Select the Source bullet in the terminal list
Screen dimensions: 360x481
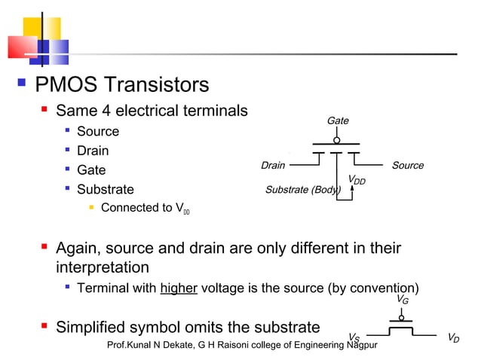coord(97,132)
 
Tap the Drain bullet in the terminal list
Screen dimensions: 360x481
coord(93,151)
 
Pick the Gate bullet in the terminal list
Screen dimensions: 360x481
coord(91,171)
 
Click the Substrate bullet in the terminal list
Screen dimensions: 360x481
coord(105,190)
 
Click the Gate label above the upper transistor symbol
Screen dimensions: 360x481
coord(337,121)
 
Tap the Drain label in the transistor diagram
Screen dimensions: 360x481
coord(272,166)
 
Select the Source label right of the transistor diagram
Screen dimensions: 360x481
coord(408,166)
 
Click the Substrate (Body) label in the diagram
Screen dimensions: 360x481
coord(302,190)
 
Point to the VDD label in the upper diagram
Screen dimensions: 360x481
coord(356,180)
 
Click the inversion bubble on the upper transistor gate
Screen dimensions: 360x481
coord(337,139)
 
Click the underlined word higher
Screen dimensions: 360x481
coord(179,288)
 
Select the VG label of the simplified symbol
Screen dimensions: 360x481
coord(403,300)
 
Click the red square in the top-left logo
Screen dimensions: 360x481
coord(21,47)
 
